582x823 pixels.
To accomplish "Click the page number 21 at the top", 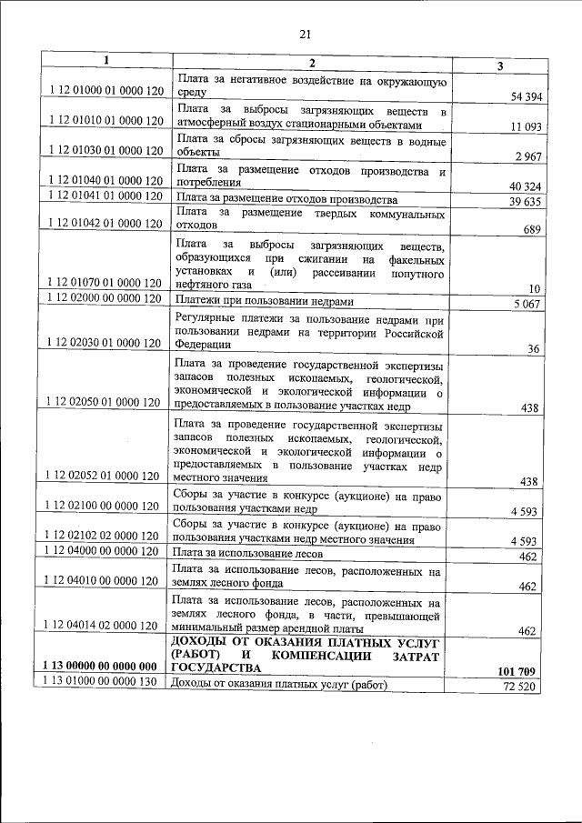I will (x=305, y=35).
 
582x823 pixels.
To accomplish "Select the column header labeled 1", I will (x=105, y=62).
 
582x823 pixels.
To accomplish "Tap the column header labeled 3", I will (x=499, y=66).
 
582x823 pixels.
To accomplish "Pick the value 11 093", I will (x=526, y=126).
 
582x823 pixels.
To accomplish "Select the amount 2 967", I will (x=527, y=156).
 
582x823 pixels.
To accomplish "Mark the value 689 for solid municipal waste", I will (x=532, y=229).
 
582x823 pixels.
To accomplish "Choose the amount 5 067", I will (x=527, y=304).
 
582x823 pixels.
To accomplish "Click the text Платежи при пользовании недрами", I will (x=265, y=302).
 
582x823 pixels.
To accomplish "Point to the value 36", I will (x=534, y=348).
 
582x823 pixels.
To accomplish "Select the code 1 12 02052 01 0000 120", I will (x=105, y=476).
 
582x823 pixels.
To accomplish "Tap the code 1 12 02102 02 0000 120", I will (x=105, y=538).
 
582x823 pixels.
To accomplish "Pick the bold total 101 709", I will (x=517, y=671).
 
